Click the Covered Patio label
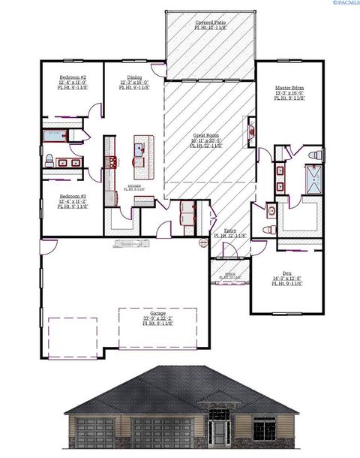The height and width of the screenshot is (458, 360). (211, 23)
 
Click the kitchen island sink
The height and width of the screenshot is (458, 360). (139, 149)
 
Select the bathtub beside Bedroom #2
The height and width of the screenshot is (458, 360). (57, 136)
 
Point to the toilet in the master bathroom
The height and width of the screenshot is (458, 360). (315, 155)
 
